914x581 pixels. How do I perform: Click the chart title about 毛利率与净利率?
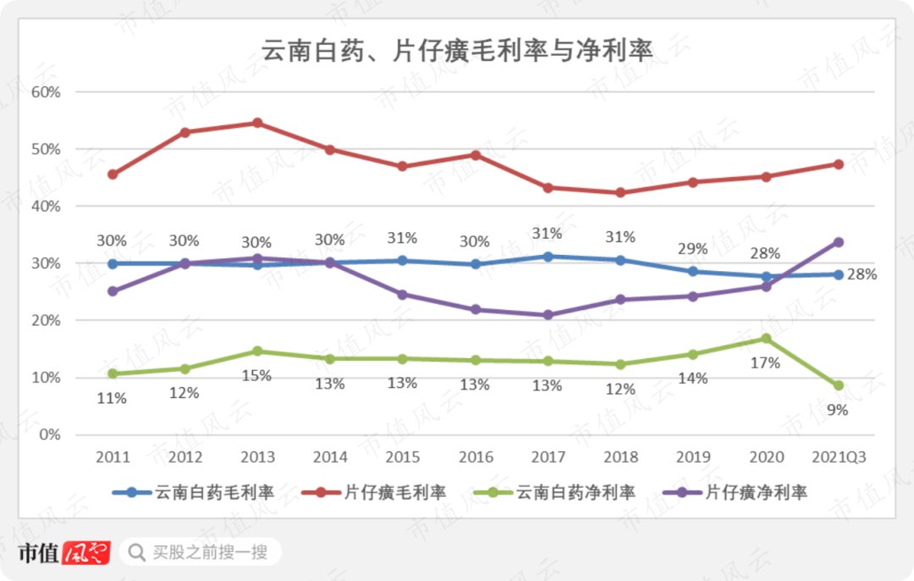pyautogui.click(x=457, y=51)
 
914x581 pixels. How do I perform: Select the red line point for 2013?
pyautogui.click(x=258, y=123)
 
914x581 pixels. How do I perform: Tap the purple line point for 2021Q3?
pyautogui.click(x=839, y=242)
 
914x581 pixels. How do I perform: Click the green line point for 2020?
pyautogui.click(x=766, y=338)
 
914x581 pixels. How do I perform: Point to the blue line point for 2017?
pyautogui.click(x=548, y=257)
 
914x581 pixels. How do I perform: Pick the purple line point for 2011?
pyautogui.click(x=113, y=291)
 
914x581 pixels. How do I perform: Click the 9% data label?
pyautogui.click(x=838, y=411)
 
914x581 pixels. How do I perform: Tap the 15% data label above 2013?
pyautogui.click(x=258, y=375)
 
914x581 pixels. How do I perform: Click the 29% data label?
pyautogui.click(x=693, y=248)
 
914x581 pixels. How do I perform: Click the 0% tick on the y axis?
pyautogui.click(x=48, y=434)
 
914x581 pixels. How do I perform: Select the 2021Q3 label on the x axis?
pyautogui.click(x=838, y=457)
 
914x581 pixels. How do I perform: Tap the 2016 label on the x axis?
pyautogui.click(x=476, y=457)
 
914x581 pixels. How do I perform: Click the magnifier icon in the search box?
pyautogui.click(x=135, y=553)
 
